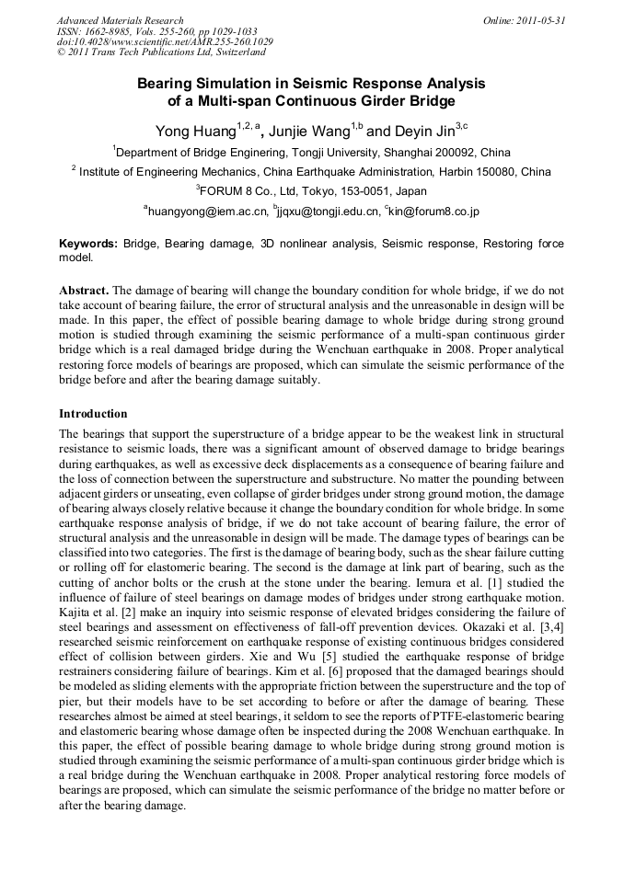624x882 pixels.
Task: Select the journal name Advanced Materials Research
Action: click(120, 20)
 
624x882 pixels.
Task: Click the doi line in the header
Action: click(165, 42)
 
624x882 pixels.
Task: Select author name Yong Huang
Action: click(195, 130)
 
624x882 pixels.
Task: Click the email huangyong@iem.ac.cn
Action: click(208, 212)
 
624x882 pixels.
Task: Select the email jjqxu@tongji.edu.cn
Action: click(328, 212)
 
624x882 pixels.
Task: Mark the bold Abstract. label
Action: click(84, 289)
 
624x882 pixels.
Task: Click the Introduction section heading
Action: click(93, 414)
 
